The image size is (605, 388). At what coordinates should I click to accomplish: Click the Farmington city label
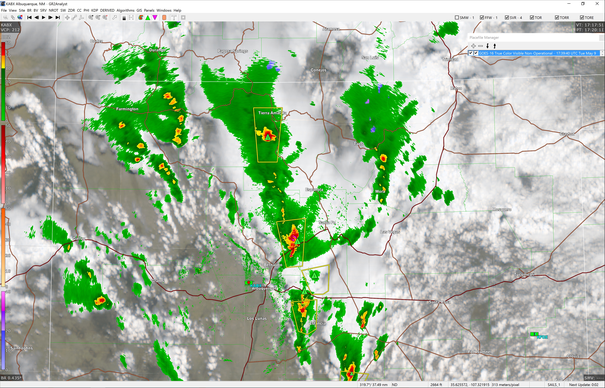[127, 109]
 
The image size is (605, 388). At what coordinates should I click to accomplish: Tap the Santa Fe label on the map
[327, 223]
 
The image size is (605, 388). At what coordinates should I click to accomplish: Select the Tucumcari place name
[524, 274]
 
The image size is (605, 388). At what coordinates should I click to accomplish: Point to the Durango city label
[157, 50]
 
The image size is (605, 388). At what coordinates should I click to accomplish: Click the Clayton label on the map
[567, 134]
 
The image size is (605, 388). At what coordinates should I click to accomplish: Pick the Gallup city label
[79, 238]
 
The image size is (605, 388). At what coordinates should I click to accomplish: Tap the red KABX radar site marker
[248, 282]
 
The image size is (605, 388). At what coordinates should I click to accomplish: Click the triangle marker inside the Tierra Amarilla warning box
[268, 137]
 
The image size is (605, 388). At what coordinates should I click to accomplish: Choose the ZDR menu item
[71, 10]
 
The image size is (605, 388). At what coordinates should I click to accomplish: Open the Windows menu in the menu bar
[164, 10]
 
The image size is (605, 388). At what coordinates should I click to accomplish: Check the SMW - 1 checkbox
[457, 18]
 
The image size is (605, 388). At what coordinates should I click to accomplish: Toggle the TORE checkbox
[582, 18]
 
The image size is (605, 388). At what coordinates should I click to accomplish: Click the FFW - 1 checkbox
[482, 18]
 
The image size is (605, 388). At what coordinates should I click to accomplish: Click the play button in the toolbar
[43, 17]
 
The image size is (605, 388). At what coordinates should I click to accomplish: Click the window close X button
[597, 4]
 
